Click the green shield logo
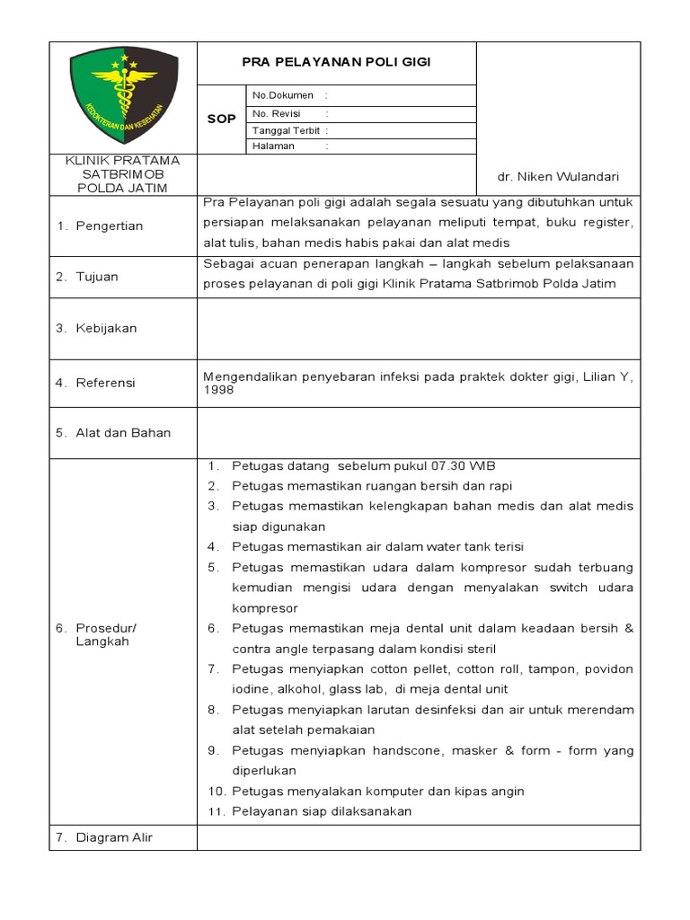(x=123, y=96)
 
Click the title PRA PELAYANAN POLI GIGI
(x=336, y=62)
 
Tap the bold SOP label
(x=221, y=119)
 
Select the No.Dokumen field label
(x=283, y=95)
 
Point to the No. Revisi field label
(x=279, y=113)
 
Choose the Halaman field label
(x=273, y=146)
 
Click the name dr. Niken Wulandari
(x=558, y=177)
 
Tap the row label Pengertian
(x=108, y=226)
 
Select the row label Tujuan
(x=96, y=277)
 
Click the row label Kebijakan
(x=106, y=328)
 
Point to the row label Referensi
(x=105, y=383)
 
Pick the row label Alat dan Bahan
(x=123, y=432)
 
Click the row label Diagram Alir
(x=114, y=837)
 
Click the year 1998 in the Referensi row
(x=219, y=391)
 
